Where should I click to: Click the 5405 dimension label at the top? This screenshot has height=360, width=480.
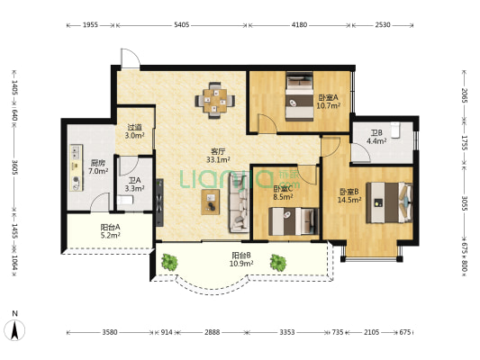[182, 25]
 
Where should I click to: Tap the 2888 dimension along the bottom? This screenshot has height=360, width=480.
[213, 332]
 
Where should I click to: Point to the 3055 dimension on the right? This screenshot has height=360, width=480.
[465, 203]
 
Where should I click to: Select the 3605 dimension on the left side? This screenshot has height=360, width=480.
[14, 167]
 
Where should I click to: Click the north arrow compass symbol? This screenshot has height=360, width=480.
[14, 329]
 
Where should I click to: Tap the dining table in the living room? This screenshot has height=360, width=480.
[215, 100]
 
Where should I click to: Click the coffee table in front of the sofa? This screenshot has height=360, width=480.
[211, 202]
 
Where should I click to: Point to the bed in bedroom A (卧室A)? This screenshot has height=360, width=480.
[299, 96]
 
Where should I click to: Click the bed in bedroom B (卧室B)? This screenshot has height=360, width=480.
[389, 202]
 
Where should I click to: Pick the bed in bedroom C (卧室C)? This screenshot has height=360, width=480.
[294, 221]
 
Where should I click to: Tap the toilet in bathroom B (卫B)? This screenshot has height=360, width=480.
[396, 130]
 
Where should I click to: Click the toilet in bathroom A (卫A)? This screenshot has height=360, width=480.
[125, 201]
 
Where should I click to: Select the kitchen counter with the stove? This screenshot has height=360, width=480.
[76, 167]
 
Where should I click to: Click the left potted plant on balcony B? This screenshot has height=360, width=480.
[169, 262]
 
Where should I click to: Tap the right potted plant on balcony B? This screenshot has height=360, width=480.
[278, 263]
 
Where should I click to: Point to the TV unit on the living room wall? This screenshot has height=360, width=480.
[159, 202]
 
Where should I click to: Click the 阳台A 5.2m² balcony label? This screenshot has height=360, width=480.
[110, 231]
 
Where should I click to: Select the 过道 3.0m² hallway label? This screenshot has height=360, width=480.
[134, 131]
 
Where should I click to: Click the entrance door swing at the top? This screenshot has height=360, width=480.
[131, 58]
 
